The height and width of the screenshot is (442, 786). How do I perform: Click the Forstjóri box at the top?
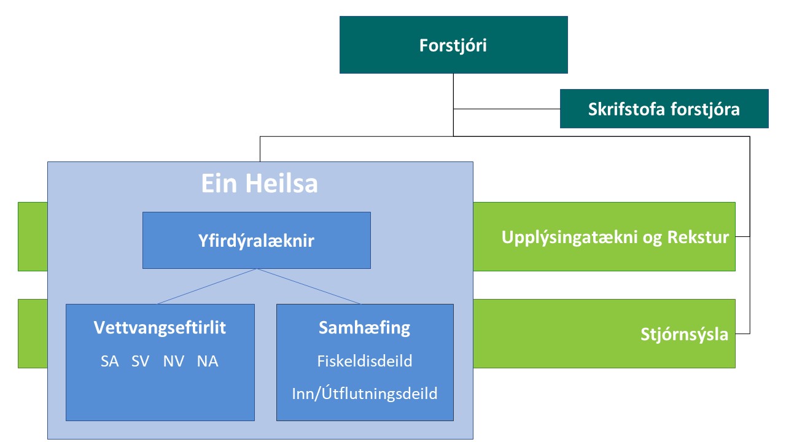pyautogui.click(x=453, y=45)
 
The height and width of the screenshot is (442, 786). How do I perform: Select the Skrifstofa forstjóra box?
pyautogui.click(x=664, y=109)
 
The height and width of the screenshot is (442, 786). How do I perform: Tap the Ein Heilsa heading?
pyautogui.click(x=260, y=184)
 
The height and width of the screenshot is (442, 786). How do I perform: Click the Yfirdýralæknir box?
pyautogui.click(x=256, y=241)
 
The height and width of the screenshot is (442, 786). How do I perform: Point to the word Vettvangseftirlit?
pyautogui.click(x=160, y=328)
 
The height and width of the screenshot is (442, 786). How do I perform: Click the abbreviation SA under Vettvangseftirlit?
pyautogui.click(x=109, y=362)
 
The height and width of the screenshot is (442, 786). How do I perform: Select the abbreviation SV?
pyautogui.click(x=140, y=362)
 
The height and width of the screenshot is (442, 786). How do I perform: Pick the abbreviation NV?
pyautogui.click(x=174, y=362)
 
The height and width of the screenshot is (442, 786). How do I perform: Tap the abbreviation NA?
pyautogui.click(x=208, y=362)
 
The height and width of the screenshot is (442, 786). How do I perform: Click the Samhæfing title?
pyautogui.click(x=364, y=328)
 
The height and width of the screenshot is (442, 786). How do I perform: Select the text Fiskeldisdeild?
pyautogui.click(x=364, y=361)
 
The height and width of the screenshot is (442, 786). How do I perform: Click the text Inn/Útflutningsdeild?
pyautogui.click(x=364, y=393)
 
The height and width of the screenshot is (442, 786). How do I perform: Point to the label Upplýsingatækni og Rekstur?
pyautogui.click(x=615, y=237)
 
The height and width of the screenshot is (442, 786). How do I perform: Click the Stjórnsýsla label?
pyautogui.click(x=684, y=335)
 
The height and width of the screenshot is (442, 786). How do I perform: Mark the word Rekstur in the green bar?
pyautogui.click(x=698, y=237)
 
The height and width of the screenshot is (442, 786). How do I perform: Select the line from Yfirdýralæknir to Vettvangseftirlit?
pyautogui.click(x=208, y=286)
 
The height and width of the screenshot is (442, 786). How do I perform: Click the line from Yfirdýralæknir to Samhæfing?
pyautogui.click(x=308, y=286)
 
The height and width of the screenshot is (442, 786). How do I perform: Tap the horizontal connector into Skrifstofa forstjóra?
pyautogui.click(x=507, y=110)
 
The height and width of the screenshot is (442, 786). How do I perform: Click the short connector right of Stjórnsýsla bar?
pyautogui.click(x=742, y=333)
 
